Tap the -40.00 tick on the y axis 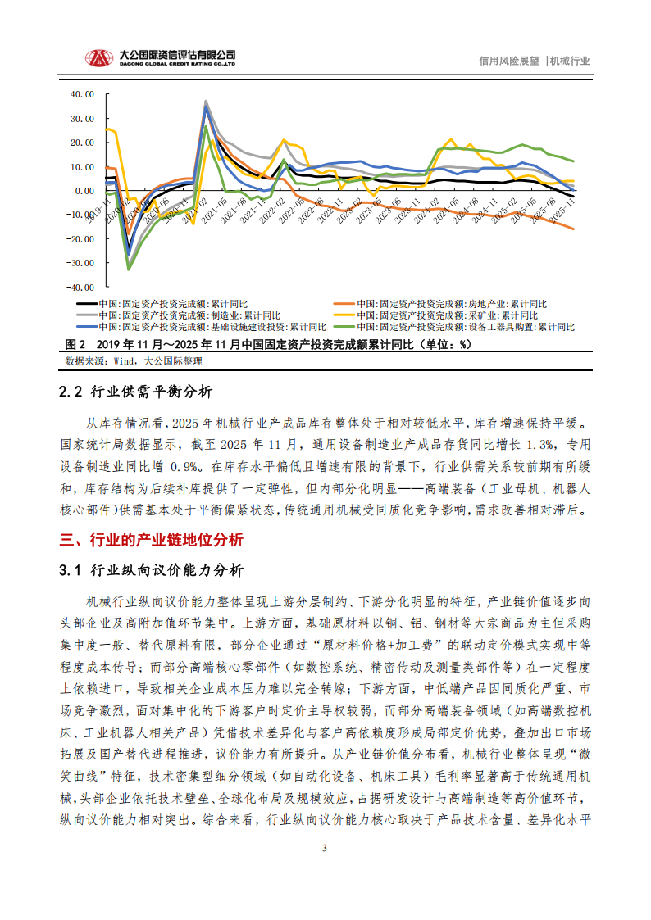coord(81,288)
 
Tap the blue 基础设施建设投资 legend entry coord(210,326)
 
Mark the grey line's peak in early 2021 coord(205,101)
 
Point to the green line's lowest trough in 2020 coord(128,269)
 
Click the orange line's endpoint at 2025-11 coord(573,229)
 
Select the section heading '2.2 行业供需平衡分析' coord(136,392)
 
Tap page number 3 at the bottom coord(325,848)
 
